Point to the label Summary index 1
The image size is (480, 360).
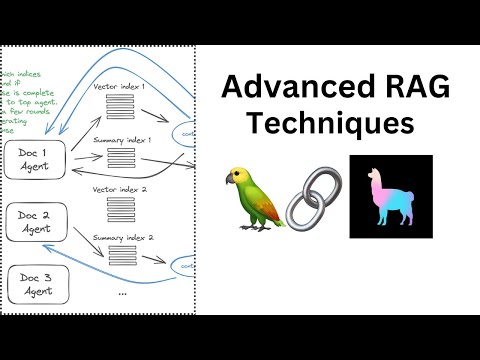pyautogui.click(x=121, y=140)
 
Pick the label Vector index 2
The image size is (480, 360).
pyautogui.click(x=121, y=189)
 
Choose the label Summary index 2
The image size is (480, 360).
pyautogui.click(x=121, y=237)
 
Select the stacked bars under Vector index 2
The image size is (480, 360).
pyautogui.click(x=120, y=210)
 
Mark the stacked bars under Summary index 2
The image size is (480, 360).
pyautogui.click(x=120, y=259)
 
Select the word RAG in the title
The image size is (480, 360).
pyautogui.click(x=405, y=87)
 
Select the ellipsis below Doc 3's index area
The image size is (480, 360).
pyautogui.click(x=121, y=292)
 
